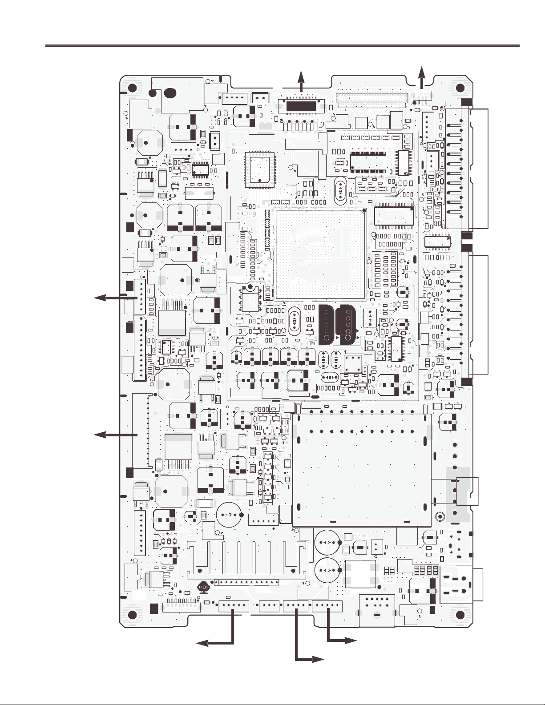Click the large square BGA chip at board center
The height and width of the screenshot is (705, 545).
[320, 255]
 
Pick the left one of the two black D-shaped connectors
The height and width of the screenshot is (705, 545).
[327, 325]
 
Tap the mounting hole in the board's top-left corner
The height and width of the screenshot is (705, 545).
[132, 88]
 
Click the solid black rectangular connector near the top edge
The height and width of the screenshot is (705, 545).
[301, 106]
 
